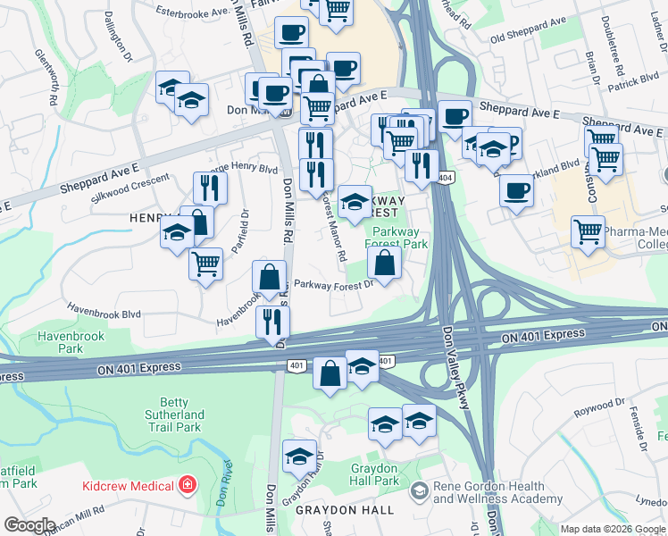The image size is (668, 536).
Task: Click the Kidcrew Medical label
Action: (x=128, y=485)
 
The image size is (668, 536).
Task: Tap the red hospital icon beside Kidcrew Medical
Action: (x=187, y=485)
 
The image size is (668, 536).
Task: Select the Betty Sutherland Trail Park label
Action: (x=176, y=415)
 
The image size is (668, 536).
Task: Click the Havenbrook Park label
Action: (x=71, y=343)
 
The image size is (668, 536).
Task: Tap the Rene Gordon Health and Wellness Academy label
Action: (x=497, y=493)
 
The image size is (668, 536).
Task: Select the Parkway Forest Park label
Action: (x=400, y=237)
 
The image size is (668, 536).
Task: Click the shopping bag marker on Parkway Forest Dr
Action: (x=384, y=264)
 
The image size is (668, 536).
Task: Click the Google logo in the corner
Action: (x=30, y=524)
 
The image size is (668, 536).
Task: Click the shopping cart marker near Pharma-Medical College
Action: (x=588, y=232)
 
